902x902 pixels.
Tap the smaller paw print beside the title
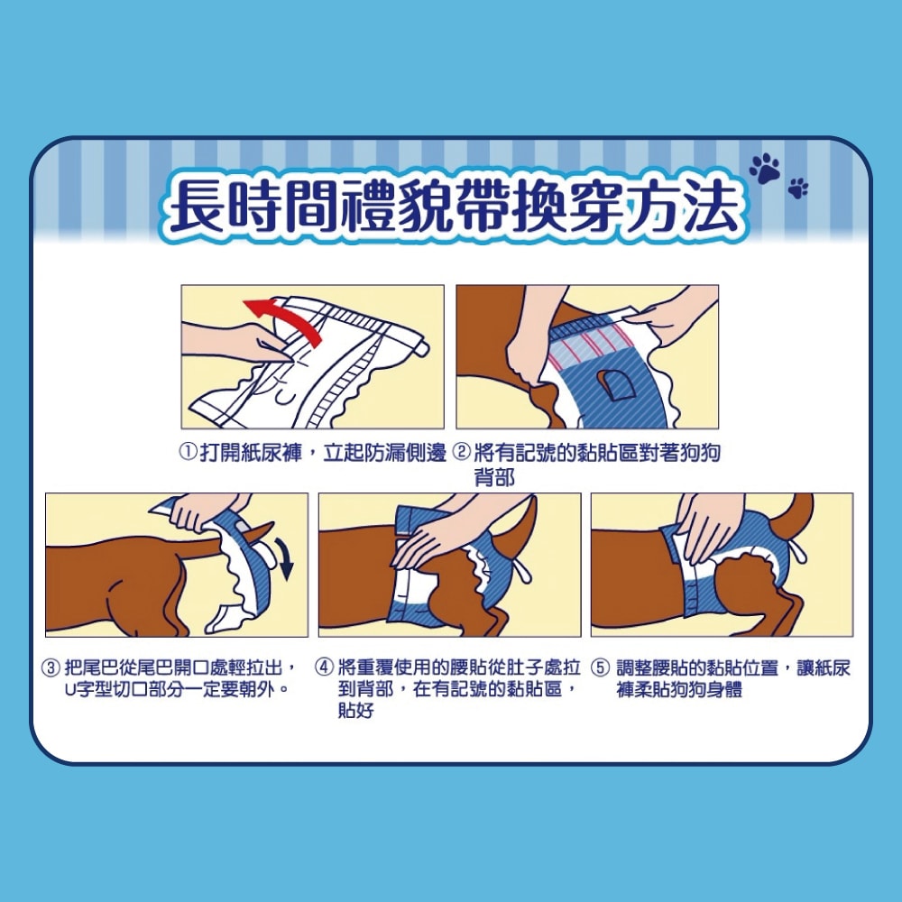pos(798,188)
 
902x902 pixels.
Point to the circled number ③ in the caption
pos(54,668)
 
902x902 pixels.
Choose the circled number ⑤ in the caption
pos(600,668)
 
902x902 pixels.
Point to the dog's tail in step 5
pos(797,518)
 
